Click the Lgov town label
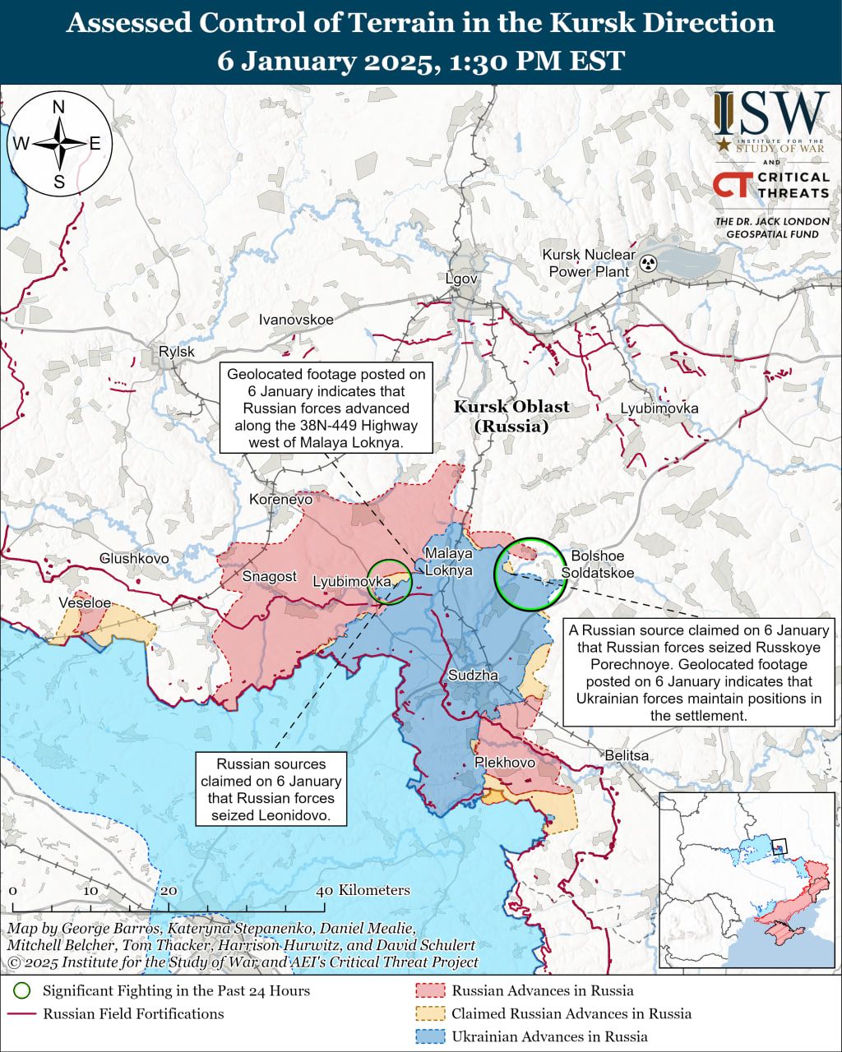pyautogui.click(x=461, y=279)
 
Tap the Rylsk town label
pyautogui.click(x=177, y=352)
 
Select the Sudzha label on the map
pyautogui.click(x=473, y=676)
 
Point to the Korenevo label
pyautogui.click(x=280, y=499)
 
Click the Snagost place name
pyautogui.click(x=269, y=576)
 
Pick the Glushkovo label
pyautogui.click(x=134, y=558)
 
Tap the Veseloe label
pyautogui.click(x=85, y=602)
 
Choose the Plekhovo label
pyautogui.click(x=505, y=763)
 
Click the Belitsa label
pyautogui.click(x=627, y=755)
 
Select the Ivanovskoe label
pyautogui.click(x=296, y=320)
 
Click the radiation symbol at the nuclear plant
pyautogui.click(x=649, y=264)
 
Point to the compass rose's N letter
pyautogui.click(x=59, y=107)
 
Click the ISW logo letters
pyautogui.click(x=770, y=115)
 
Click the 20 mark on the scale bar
pyautogui.click(x=169, y=891)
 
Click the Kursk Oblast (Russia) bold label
pyautogui.click(x=511, y=416)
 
